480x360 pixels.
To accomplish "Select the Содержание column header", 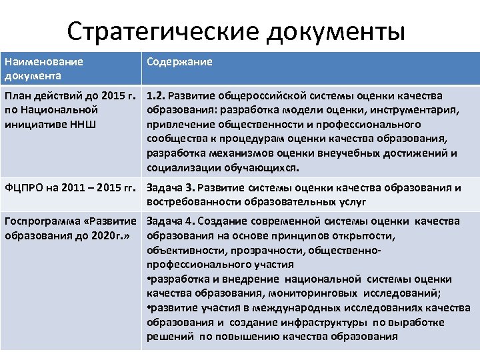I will tap(179, 62).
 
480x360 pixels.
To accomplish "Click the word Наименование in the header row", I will tap(43, 62).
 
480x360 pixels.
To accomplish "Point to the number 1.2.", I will tap(156, 97).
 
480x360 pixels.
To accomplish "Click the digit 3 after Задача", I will tap(189, 187).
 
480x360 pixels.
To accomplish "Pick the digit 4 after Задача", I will tap(190, 221).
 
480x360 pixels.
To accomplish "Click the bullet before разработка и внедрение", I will tap(148, 279).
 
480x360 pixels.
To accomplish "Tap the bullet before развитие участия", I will tap(148, 307).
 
